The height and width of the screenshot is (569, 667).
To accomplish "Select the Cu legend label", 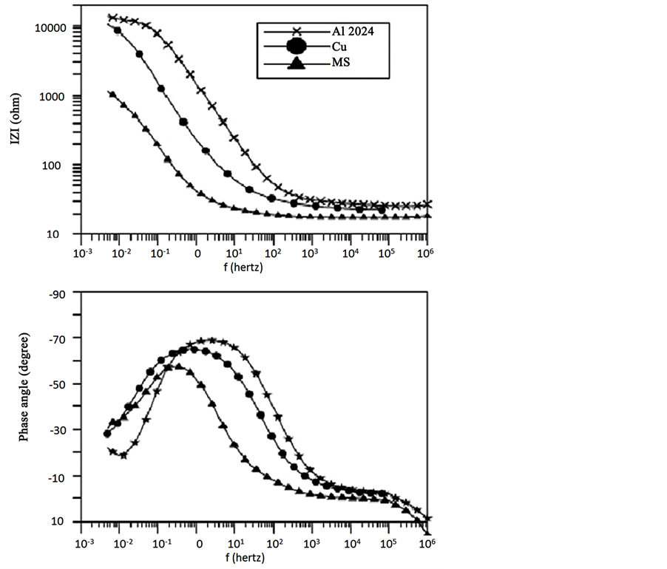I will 340,47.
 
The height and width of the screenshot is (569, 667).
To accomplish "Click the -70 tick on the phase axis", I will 58,338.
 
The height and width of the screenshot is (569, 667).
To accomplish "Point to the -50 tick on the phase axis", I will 58,384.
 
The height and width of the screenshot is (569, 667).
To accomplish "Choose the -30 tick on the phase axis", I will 58,430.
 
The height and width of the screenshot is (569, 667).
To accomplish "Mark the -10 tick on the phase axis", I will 58,476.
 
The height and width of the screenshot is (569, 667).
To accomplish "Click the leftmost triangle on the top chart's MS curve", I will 112,95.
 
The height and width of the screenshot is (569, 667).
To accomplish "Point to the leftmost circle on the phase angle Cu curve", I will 107,434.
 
